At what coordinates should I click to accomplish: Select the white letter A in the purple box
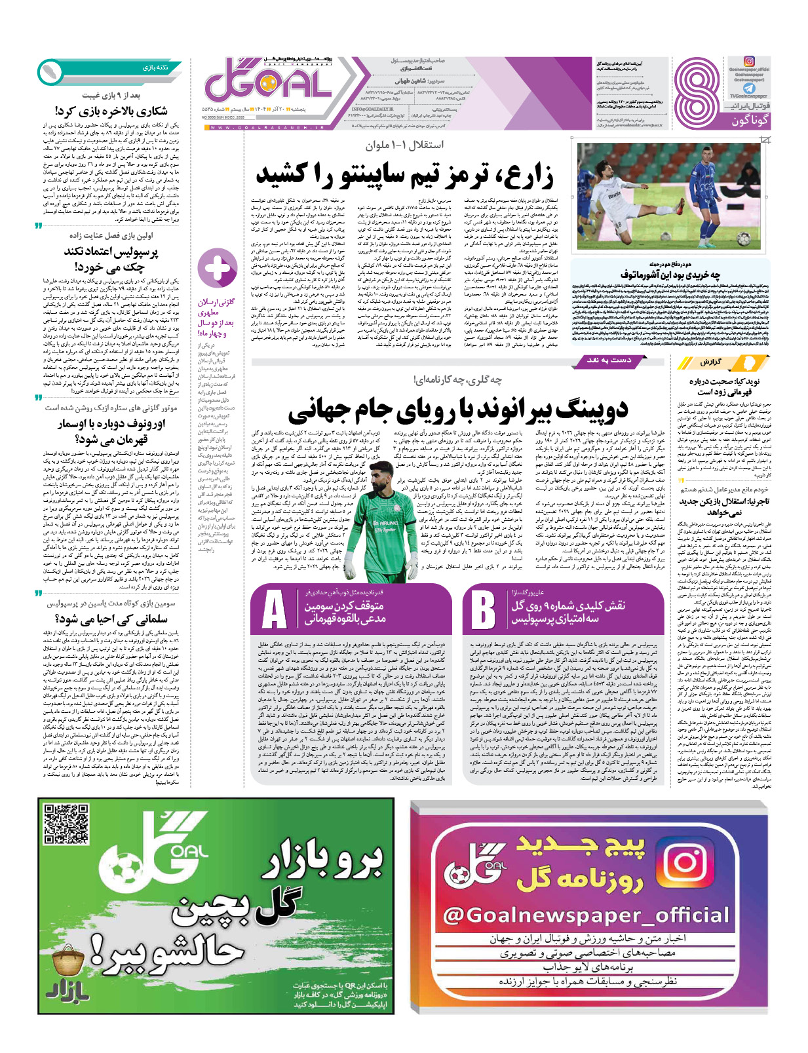[275, 611]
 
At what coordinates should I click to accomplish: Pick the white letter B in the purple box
[483, 611]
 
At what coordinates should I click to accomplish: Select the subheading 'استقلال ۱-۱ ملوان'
[404, 145]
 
